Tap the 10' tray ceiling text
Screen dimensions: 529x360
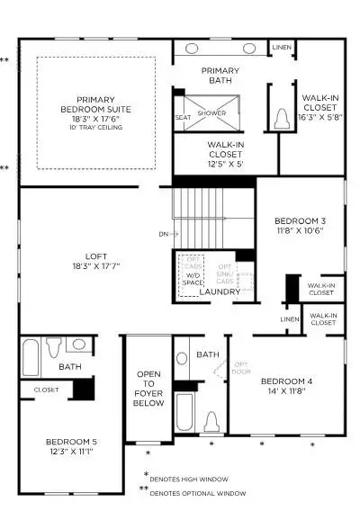95,128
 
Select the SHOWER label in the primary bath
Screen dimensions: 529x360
211,113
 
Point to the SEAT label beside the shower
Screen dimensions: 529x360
183,117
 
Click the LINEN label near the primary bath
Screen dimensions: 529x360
281,47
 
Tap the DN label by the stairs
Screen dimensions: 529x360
162,234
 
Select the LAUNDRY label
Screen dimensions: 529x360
220,291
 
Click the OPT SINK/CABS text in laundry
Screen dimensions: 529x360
226,275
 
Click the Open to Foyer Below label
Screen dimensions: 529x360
148,389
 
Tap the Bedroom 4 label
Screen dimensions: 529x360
286,387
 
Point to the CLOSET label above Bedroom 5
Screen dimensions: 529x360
47,390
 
